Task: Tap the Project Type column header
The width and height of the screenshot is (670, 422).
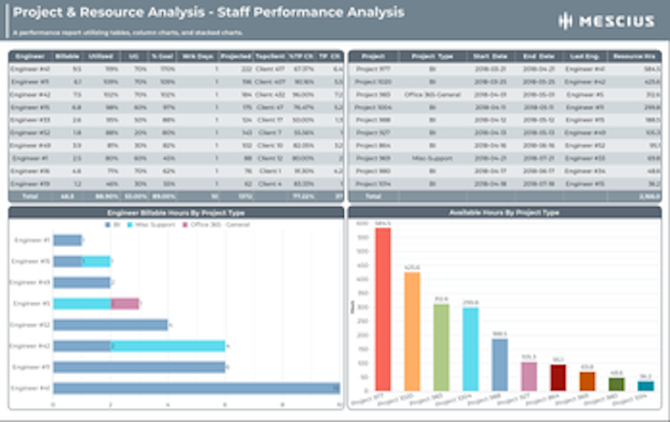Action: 432,56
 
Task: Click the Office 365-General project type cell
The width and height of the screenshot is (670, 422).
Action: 432,95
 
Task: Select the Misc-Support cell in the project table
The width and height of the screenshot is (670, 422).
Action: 432,158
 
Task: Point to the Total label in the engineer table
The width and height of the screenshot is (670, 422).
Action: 30,197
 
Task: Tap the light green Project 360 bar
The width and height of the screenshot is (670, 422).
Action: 441,346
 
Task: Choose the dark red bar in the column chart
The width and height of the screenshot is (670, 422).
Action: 558,377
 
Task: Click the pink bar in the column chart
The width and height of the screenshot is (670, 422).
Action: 529,375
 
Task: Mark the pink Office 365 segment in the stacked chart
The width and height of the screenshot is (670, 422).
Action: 125,304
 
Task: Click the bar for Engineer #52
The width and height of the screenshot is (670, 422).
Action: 110,324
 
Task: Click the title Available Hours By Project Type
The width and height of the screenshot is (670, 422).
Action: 504,213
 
